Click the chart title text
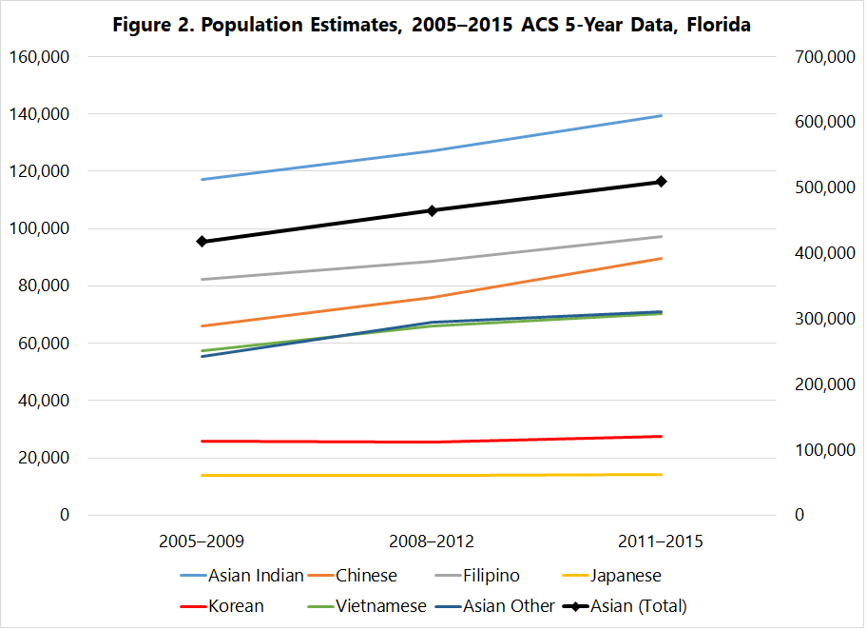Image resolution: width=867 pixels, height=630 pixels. [432, 26]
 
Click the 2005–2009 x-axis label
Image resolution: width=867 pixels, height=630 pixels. [202, 541]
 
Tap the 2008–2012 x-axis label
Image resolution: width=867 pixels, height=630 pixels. [432, 541]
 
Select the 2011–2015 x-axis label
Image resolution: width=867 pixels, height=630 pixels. [662, 541]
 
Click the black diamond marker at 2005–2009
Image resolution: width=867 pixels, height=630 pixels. [202, 242]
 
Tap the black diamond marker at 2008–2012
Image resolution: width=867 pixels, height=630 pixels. [432, 210]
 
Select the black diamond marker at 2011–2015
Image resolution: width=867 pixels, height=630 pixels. [662, 182]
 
